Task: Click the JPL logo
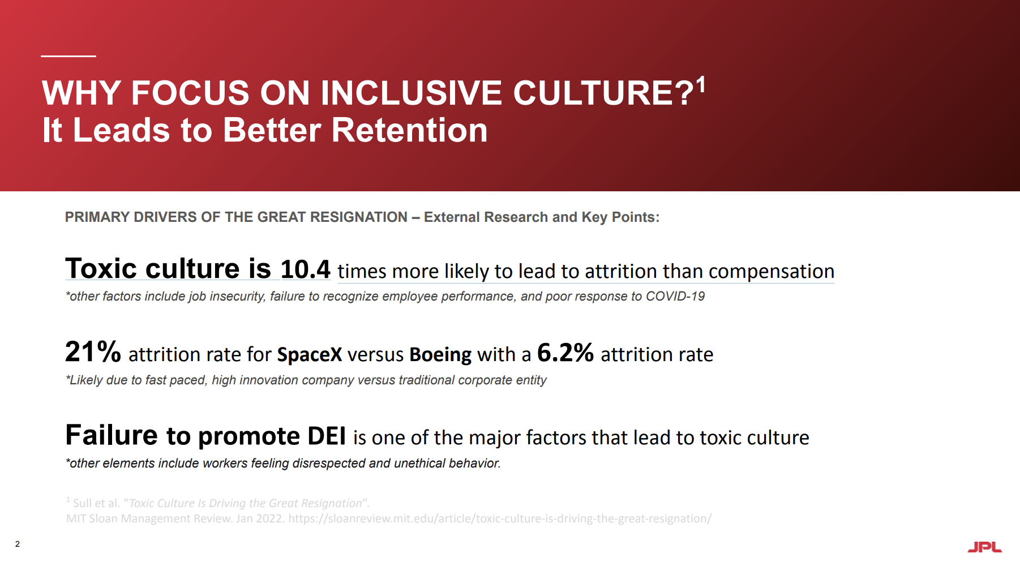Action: [x=984, y=547]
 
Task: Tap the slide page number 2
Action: [x=18, y=544]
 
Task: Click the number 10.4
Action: [x=305, y=269]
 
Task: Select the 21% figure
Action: [x=93, y=351]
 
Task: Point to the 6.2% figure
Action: [x=565, y=353]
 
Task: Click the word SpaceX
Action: [x=310, y=355]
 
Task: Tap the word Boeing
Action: [x=440, y=355]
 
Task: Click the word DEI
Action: [x=327, y=436]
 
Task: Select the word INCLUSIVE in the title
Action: [x=411, y=93]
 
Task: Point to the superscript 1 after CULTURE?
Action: [x=701, y=85]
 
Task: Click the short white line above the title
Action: [x=68, y=56]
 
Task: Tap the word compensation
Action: [x=771, y=272]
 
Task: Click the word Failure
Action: [x=112, y=435]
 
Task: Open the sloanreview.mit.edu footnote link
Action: [x=500, y=518]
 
